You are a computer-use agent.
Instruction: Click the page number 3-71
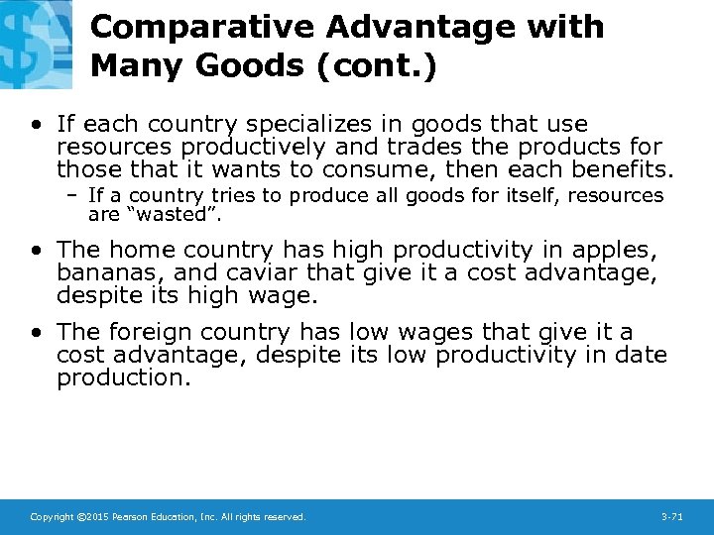[x=672, y=517]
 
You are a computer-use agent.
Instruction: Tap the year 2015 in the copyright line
[x=93, y=517]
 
